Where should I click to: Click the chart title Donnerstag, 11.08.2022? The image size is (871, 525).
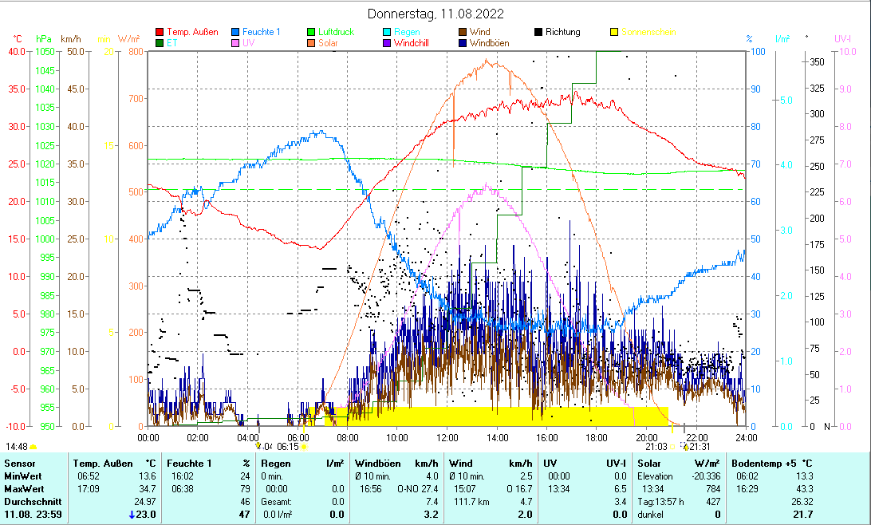coord(436,14)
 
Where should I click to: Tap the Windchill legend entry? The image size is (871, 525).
coord(412,43)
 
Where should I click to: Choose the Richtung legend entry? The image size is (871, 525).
coord(562,32)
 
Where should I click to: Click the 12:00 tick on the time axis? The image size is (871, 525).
coord(447,437)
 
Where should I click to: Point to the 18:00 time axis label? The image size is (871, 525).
coord(596,437)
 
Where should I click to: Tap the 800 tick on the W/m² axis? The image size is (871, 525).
coord(132,52)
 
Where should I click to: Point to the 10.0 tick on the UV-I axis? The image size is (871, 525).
coord(843,52)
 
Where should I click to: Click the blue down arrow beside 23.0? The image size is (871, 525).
coord(132,515)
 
